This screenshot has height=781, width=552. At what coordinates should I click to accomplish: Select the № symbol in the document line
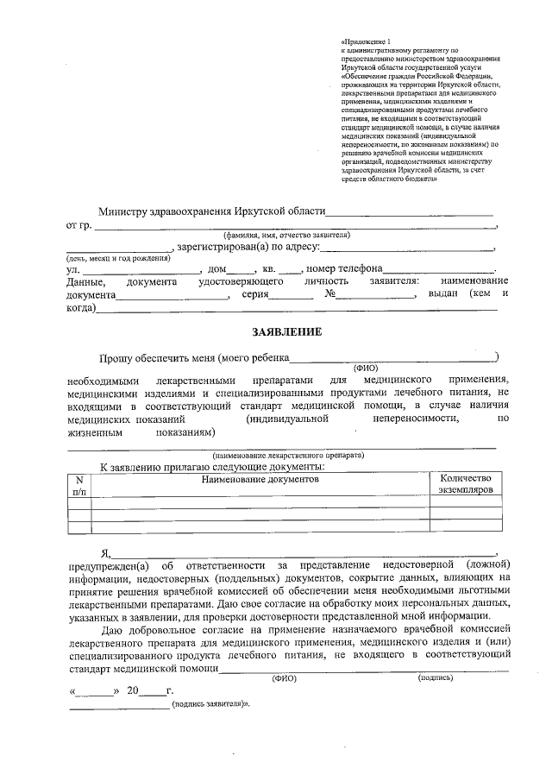point(329,294)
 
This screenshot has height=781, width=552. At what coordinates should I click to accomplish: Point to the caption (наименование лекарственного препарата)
point(288,455)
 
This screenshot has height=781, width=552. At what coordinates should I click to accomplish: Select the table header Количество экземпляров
point(465,484)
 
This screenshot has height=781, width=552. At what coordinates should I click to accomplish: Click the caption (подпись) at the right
point(436,678)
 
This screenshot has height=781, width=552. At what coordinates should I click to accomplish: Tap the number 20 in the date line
point(132,691)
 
